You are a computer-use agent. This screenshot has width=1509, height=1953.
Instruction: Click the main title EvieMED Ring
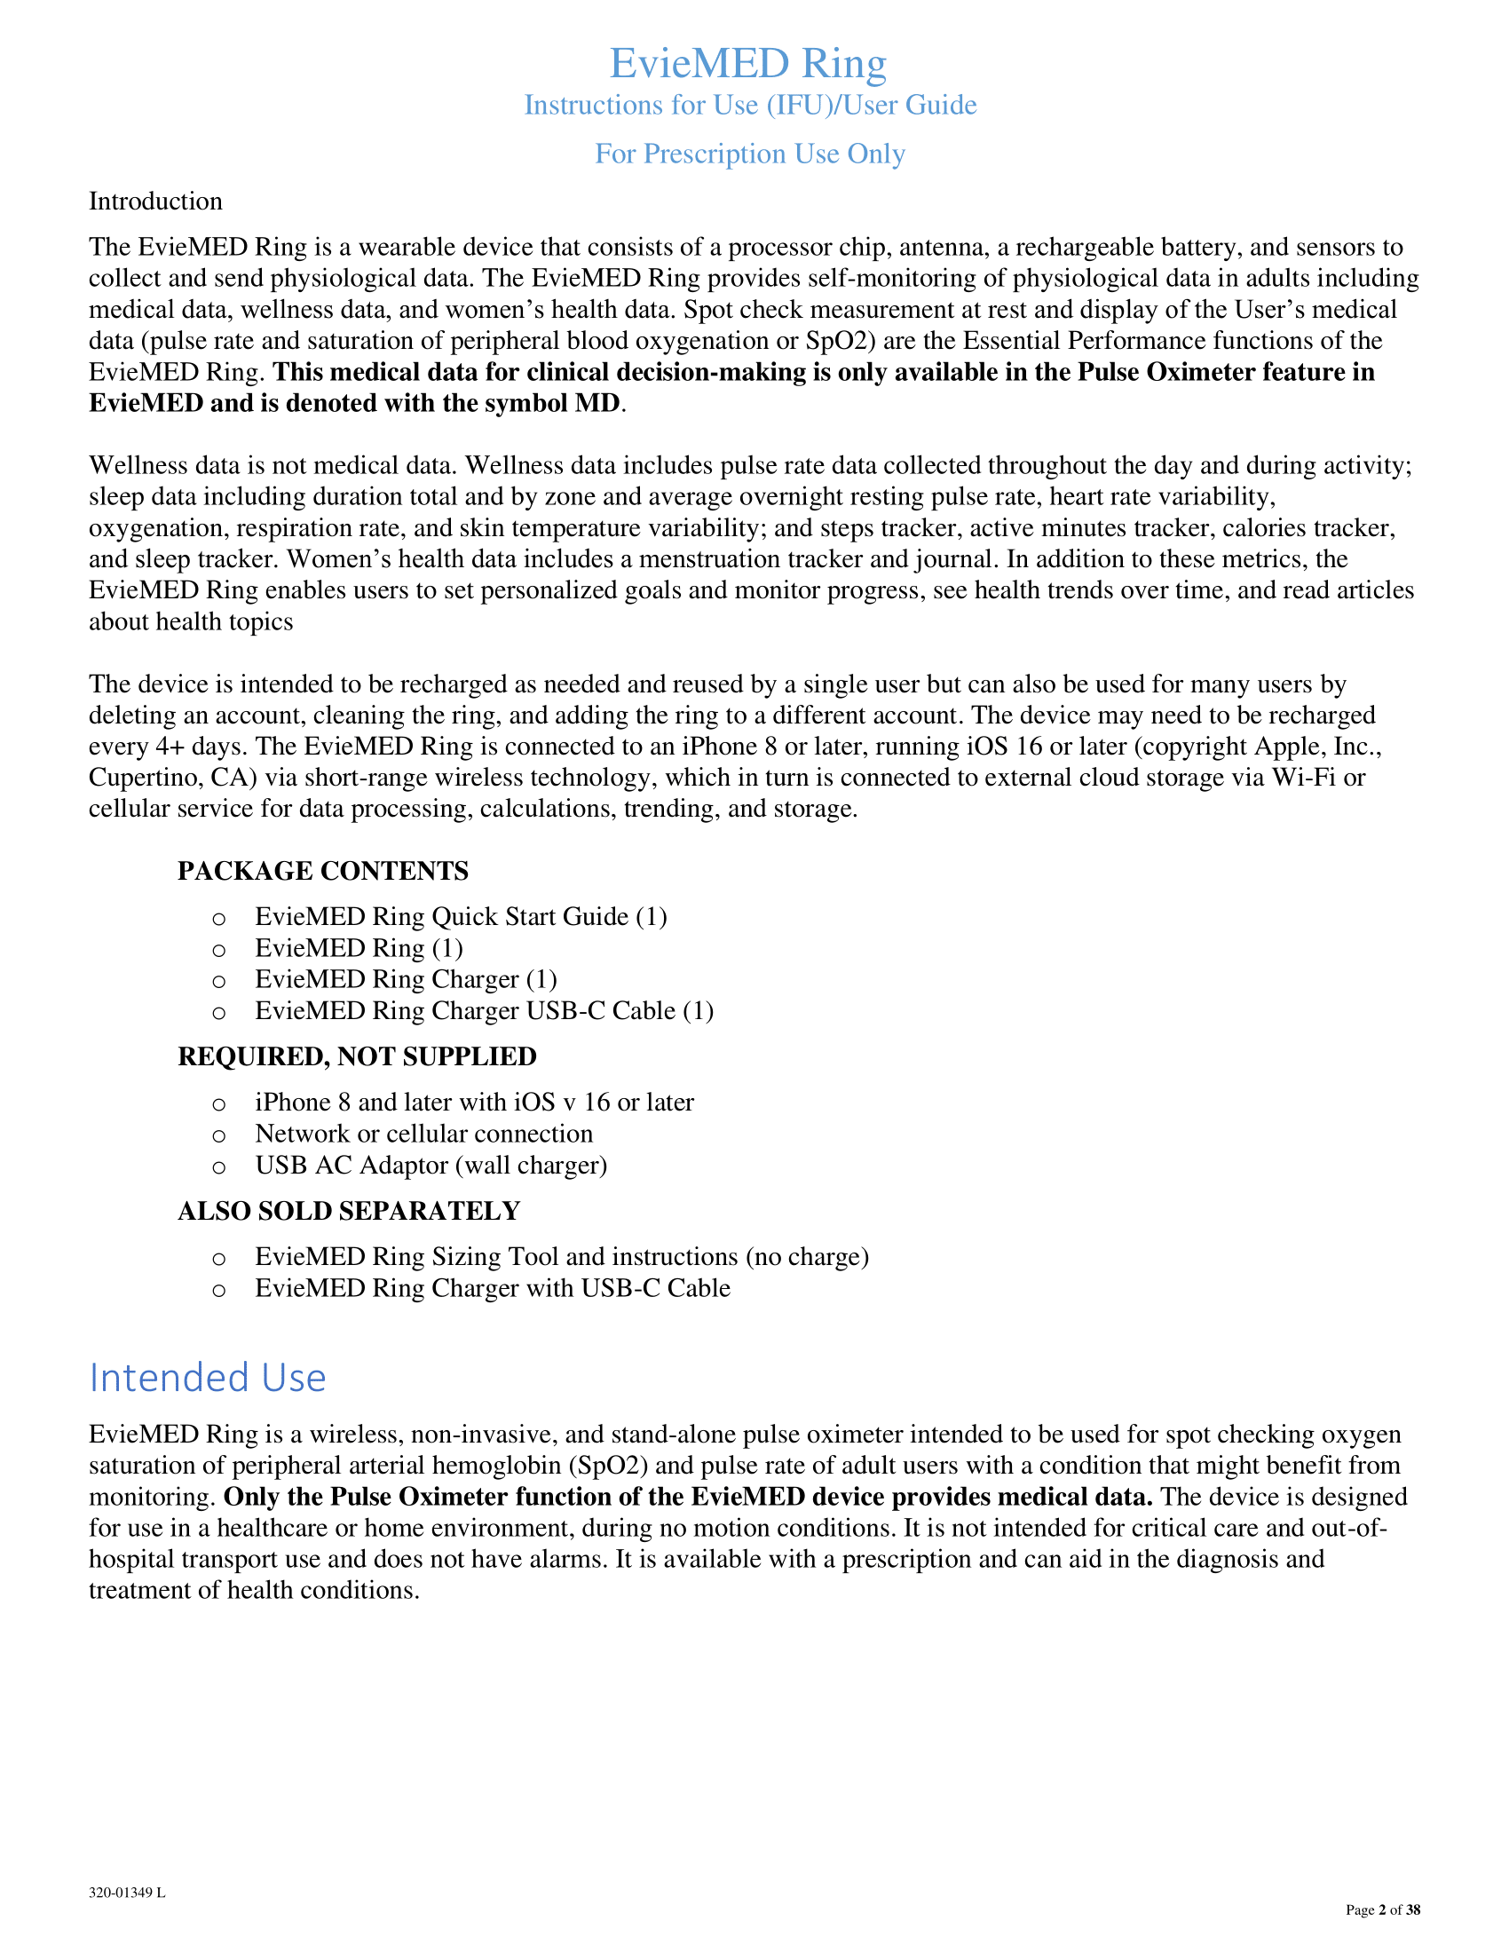pyautogui.click(x=748, y=64)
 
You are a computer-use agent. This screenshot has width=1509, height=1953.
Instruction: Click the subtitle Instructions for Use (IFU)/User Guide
pyautogui.click(x=750, y=106)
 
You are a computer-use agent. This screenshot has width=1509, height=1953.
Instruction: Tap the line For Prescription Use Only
pyautogui.click(x=750, y=154)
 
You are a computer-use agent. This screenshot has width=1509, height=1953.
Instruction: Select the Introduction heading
pyautogui.click(x=155, y=202)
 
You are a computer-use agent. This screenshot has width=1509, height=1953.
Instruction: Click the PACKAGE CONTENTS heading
pyautogui.click(x=323, y=871)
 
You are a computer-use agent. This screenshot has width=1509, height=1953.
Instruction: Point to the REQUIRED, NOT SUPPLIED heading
pyautogui.click(x=357, y=1056)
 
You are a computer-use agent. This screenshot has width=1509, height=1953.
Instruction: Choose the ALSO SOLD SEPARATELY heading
pyautogui.click(x=349, y=1211)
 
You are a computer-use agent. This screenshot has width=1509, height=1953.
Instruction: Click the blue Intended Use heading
pyautogui.click(x=208, y=1377)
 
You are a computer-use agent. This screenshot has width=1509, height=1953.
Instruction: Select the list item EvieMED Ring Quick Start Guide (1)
pyautogui.click(x=461, y=917)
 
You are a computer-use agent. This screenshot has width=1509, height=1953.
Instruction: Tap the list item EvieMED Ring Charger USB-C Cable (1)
pyautogui.click(x=484, y=1010)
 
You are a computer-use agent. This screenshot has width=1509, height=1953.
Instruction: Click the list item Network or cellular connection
pyautogui.click(x=423, y=1134)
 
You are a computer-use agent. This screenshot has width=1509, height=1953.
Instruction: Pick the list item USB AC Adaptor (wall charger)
pyautogui.click(x=431, y=1166)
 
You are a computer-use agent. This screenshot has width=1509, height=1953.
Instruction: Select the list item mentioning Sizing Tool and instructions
pyautogui.click(x=561, y=1256)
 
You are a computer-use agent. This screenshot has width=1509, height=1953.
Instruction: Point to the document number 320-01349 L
pyautogui.click(x=127, y=1894)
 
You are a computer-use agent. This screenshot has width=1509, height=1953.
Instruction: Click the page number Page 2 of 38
pyautogui.click(x=1382, y=1910)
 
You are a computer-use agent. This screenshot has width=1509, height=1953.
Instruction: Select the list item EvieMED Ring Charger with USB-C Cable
pyautogui.click(x=493, y=1288)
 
